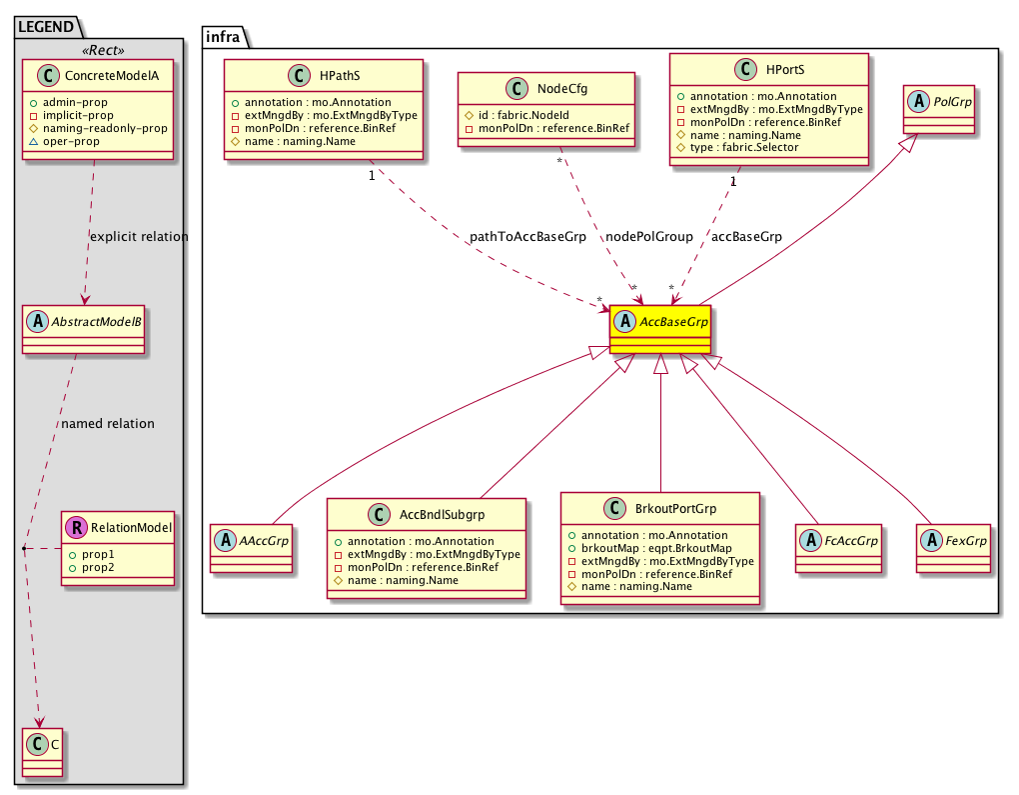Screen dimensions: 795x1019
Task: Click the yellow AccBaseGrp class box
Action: coord(659,328)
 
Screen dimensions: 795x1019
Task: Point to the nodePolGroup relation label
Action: coord(649,237)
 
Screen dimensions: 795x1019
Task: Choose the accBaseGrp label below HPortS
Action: coord(746,237)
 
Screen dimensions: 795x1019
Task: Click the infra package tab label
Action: coord(222,36)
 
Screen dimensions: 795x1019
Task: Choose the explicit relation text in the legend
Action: coord(139,237)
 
